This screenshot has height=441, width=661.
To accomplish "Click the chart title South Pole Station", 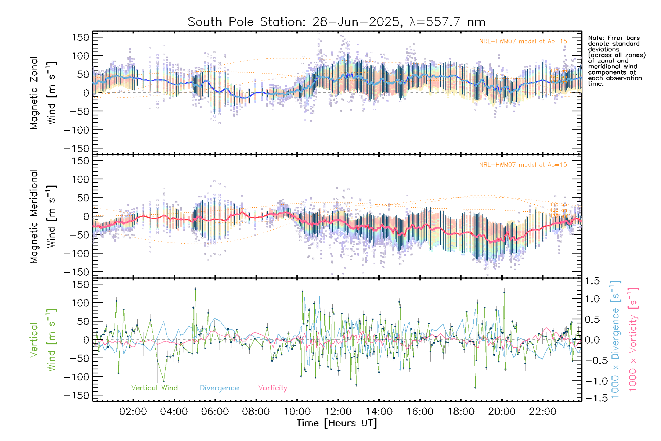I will [336, 22].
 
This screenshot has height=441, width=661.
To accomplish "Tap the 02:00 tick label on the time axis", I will [133, 412].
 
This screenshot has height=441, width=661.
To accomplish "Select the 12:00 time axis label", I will [338, 412].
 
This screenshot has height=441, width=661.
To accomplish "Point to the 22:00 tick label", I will [542, 412].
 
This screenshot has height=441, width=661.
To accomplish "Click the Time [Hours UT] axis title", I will [337, 423].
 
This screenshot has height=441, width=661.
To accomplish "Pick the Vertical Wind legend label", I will [154, 388].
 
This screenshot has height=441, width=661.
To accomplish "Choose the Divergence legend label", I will [219, 388].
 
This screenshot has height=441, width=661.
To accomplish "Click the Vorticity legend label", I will [272, 388].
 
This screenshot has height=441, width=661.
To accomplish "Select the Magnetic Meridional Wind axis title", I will [43, 216].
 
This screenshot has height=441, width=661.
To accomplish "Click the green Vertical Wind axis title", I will [43, 340].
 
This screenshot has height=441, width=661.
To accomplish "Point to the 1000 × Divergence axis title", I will [615, 340].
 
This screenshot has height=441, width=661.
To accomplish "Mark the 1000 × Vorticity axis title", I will [633, 340].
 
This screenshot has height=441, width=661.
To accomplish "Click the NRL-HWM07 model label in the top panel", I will [523, 42].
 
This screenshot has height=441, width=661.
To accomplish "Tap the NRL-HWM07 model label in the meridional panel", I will [523, 165].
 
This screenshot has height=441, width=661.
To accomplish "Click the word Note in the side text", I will [595, 38].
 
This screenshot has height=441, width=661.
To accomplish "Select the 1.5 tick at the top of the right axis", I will [592, 281].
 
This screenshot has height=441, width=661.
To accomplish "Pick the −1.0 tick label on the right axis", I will [592, 381].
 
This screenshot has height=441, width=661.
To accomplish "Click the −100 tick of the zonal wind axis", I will [76, 130].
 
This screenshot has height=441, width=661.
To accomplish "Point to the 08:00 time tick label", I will [256, 412].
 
